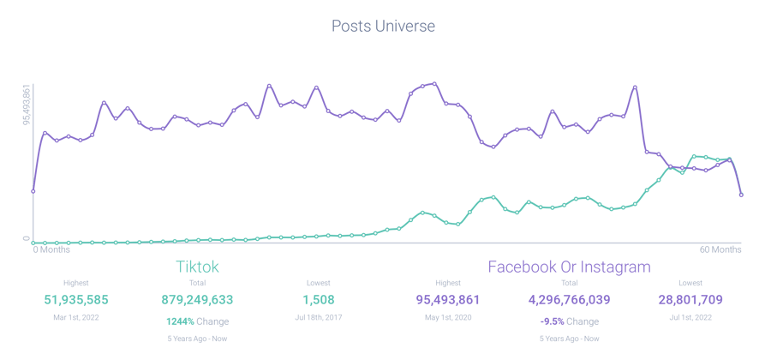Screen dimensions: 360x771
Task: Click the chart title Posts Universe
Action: (383, 27)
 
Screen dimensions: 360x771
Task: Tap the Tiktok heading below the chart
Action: (197, 267)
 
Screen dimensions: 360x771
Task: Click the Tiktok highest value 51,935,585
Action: (76, 300)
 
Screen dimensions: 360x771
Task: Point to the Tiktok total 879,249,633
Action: (197, 300)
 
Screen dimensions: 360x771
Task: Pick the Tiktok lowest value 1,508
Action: (318, 300)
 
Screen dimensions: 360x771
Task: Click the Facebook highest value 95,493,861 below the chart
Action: (447, 300)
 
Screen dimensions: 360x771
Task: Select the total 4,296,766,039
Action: (569, 300)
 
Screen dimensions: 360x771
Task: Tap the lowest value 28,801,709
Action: (690, 300)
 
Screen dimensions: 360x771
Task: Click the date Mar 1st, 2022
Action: (76, 317)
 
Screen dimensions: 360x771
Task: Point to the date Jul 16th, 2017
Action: (318, 317)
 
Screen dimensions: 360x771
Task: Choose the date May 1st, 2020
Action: (447, 317)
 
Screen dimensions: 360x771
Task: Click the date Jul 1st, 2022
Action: (690, 317)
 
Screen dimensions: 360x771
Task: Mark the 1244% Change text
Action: (197, 321)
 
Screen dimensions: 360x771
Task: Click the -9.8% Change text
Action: (569, 321)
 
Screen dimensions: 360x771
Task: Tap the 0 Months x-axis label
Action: (51, 250)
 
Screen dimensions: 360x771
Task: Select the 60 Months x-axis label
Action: (720, 250)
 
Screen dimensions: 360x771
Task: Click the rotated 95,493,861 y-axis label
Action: (27, 105)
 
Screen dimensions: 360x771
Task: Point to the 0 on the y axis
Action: (27, 239)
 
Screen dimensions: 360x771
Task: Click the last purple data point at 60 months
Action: (740, 195)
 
